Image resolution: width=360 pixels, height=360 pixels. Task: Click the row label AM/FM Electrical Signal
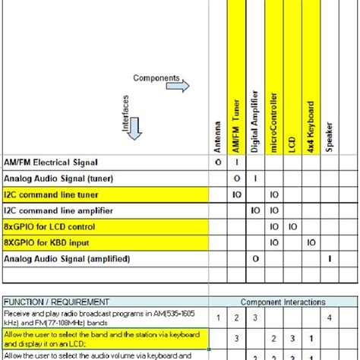pos(51,162)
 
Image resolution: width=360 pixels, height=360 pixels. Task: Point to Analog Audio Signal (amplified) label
pos(66,259)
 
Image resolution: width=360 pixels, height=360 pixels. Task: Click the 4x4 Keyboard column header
pos(311,126)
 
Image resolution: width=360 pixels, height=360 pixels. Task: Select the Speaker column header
pos(330,137)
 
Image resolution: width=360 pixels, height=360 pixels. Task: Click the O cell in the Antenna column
pos(218,162)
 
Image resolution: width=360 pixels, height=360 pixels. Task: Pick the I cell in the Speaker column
pos(330,259)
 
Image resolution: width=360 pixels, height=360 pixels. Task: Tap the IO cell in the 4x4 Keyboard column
pos(311,243)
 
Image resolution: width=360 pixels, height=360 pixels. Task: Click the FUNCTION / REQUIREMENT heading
pos(56,302)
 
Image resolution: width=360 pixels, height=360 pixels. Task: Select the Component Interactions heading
pos(273,302)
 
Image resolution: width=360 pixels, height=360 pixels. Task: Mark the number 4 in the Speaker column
pos(330,317)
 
